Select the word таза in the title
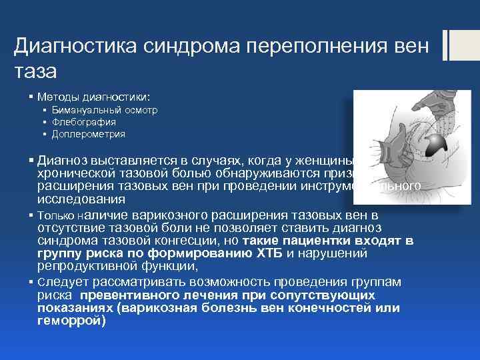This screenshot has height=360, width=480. tap(35, 70)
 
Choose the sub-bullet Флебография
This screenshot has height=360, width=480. tap(84, 122)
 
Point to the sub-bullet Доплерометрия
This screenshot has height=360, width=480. tap(89, 134)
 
